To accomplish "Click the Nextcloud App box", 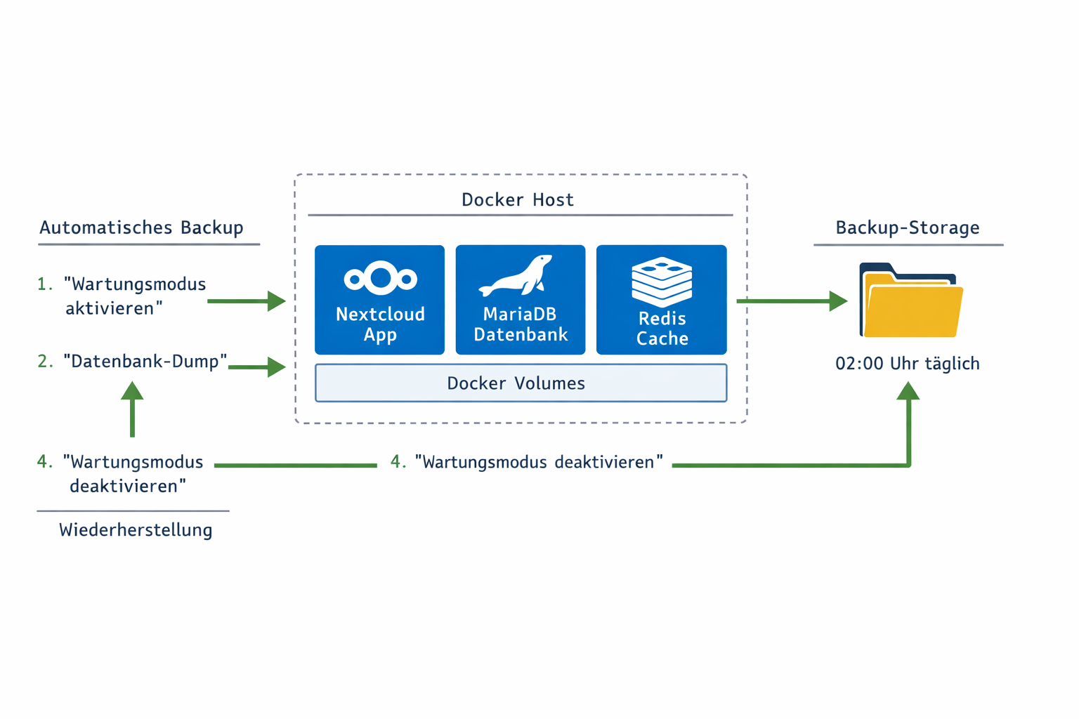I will [x=379, y=300].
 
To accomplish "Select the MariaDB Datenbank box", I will [x=520, y=300].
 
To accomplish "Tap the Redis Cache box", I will [x=661, y=300].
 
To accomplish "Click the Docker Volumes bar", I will [x=521, y=383].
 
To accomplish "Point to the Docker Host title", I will [x=518, y=199].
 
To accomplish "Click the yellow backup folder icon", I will [x=911, y=301].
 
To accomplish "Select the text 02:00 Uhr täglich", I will [x=907, y=364].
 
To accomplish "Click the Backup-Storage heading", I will [x=907, y=227].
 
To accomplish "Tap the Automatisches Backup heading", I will [x=141, y=227].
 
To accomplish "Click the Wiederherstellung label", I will [x=136, y=529].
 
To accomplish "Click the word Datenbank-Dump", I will [x=145, y=361].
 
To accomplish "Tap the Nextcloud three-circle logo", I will [x=380, y=278].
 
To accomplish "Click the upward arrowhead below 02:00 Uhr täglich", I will [x=908, y=392].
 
